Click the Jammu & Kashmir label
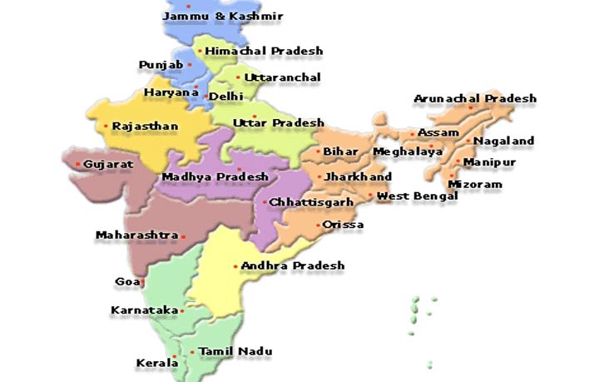[223, 16]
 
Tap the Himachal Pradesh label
[264, 51]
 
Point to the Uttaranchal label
[283, 77]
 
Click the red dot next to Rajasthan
[106, 127]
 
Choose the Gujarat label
[108, 164]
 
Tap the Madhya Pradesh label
[215, 176]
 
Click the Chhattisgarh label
[311, 201]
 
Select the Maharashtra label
[136, 236]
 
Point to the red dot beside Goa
[142, 283]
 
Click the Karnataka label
[144, 310]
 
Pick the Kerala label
[156, 363]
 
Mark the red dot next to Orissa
[319, 225]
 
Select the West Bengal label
[417, 196]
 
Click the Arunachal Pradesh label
[475, 98]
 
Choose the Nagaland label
[503, 141]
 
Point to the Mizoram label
[475, 184]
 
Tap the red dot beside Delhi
[205, 97]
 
